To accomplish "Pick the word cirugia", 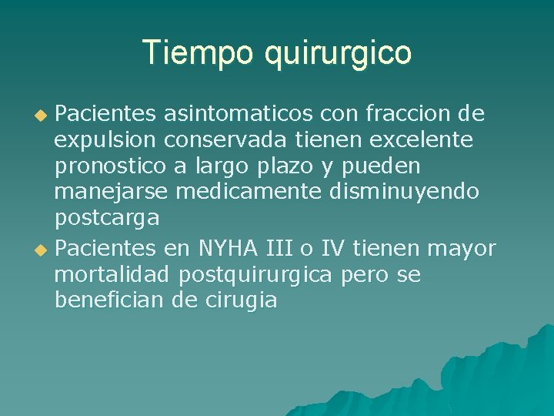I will [242, 300].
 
